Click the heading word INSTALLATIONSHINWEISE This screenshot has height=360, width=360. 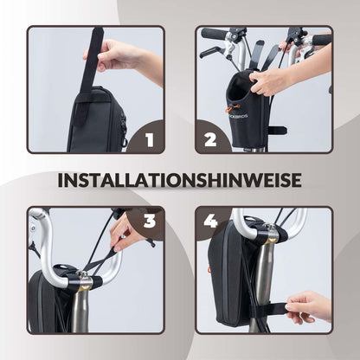[180, 180]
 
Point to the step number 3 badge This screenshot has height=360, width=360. [148, 222]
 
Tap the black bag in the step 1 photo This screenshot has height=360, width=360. [97, 121]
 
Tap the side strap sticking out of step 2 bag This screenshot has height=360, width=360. [276, 131]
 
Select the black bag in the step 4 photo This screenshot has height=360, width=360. [229, 277]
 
